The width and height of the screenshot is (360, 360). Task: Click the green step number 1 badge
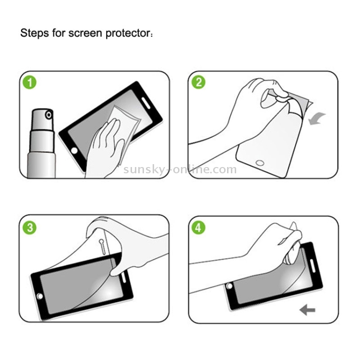coord(30,83)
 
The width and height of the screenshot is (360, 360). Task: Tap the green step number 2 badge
coord(198,82)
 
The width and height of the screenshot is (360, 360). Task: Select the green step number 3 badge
coord(30,228)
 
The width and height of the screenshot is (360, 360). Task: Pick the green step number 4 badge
coord(198,228)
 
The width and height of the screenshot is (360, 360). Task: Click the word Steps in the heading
coord(35,33)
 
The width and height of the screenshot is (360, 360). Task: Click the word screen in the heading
coord(85,34)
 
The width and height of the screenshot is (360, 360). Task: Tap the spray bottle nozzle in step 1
coord(48,115)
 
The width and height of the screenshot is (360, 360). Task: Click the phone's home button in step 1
coord(74,151)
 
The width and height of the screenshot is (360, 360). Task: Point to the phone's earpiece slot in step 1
coord(146,103)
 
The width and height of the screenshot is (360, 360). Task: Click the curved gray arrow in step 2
coord(316,119)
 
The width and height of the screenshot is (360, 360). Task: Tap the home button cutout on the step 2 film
coord(260,163)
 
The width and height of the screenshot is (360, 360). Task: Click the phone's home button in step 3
coord(40,296)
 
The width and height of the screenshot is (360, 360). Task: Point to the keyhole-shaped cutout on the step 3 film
coord(102,247)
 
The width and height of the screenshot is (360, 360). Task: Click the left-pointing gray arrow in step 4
coord(307,310)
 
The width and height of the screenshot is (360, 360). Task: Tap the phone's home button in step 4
coord(229,286)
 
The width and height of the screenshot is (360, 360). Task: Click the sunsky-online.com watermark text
coord(180,169)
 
